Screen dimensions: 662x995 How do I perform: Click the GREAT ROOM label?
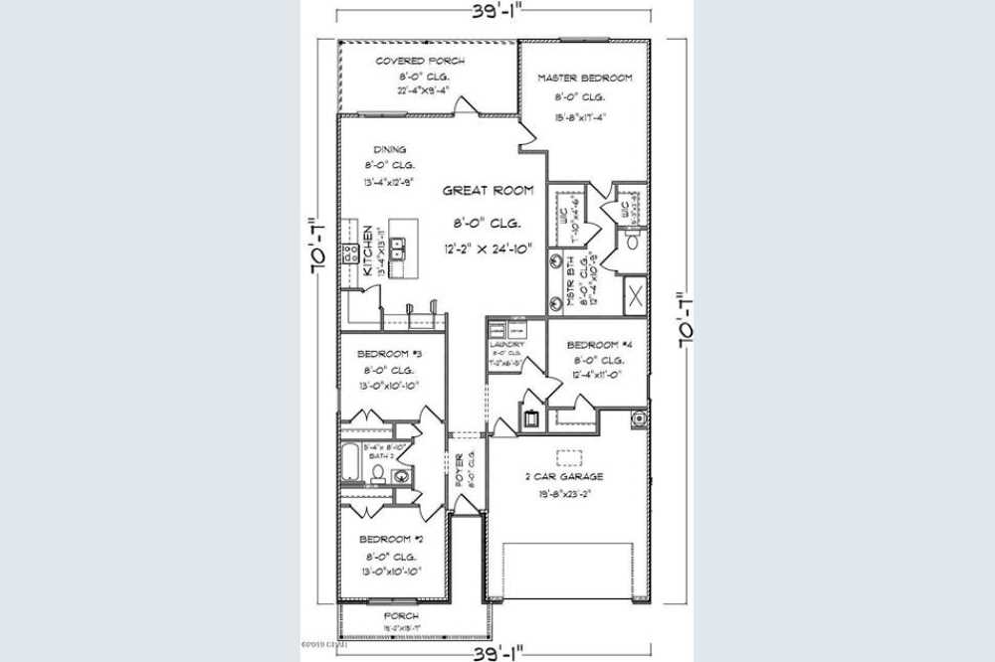[488, 190]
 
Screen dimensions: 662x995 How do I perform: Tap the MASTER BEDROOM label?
[585, 78]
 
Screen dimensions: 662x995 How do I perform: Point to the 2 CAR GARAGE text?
[564, 476]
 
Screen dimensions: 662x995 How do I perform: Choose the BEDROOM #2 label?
[390, 539]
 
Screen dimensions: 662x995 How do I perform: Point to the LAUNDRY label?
[507, 344]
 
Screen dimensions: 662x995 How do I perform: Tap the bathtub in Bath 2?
[351, 463]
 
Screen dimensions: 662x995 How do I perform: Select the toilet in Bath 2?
[379, 475]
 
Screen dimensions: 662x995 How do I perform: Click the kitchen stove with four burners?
[350, 252]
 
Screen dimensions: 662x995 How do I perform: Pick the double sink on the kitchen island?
[399, 248]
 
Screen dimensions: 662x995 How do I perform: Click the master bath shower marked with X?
[635, 294]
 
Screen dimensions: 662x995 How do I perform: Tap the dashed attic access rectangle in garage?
[568, 457]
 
